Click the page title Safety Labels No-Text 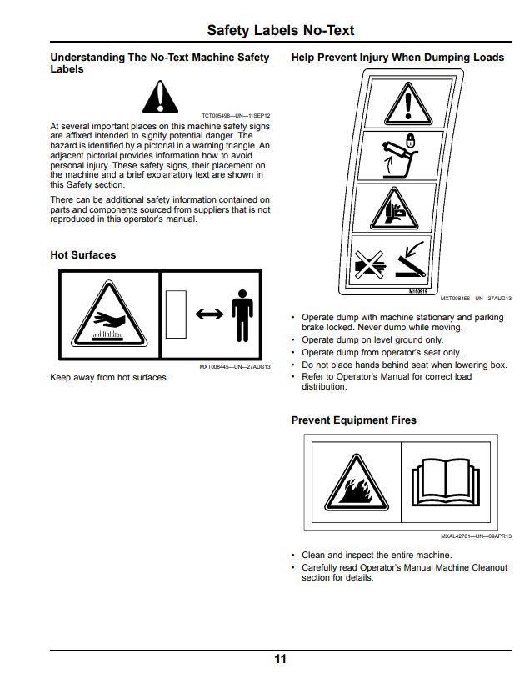[281, 30]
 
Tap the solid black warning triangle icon [161, 97]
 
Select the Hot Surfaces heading [83, 255]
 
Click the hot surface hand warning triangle [109, 314]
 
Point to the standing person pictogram [242, 315]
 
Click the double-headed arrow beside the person [209, 314]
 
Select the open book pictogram [445, 482]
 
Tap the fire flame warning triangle [357, 483]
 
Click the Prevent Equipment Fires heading [353, 420]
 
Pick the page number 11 [280, 659]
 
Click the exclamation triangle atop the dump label [408, 104]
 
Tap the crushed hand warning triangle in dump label [394, 209]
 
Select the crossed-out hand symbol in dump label [369, 264]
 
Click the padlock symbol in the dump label [411, 140]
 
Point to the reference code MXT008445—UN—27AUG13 [235, 367]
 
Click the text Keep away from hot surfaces [109, 378]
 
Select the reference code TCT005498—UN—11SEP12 [236, 115]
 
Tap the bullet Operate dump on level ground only [372, 340]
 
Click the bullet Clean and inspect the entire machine [377, 555]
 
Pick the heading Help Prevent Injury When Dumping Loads [397, 58]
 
